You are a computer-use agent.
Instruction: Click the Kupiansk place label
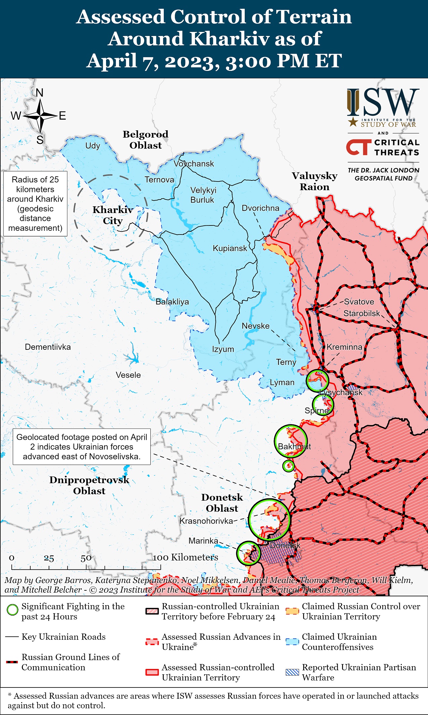pyautogui.click(x=230, y=248)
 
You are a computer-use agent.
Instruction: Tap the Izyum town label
pyautogui.click(x=223, y=349)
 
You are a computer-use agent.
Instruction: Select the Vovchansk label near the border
pyautogui.click(x=194, y=164)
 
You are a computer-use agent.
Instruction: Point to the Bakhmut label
pyautogui.click(x=294, y=447)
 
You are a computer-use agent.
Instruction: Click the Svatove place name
pyautogui.click(x=359, y=302)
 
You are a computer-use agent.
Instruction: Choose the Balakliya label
pyautogui.click(x=172, y=302)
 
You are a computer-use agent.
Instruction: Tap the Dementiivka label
pyautogui.click(x=48, y=347)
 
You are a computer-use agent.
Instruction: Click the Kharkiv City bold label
pyautogui.click(x=113, y=215)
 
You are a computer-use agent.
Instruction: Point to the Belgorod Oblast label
pyautogui.click(x=145, y=140)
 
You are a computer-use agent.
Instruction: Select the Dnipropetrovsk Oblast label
pyautogui.click(x=89, y=485)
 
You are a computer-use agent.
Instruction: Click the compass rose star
pyautogui.click(x=40, y=116)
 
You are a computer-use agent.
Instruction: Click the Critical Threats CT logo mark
pyautogui.click(x=359, y=147)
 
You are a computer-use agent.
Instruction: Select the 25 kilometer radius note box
pyautogui.click(x=35, y=204)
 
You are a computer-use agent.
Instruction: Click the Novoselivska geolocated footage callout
pyautogui.click(x=82, y=447)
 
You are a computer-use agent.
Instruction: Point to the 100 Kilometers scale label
pyautogui.click(x=185, y=557)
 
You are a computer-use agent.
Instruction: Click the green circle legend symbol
pyautogui.click(x=12, y=610)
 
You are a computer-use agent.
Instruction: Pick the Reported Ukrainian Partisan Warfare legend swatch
pyautogui.click(x=292, y=672)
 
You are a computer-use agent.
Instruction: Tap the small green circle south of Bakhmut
pyautogui.click(x=288, y=466)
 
